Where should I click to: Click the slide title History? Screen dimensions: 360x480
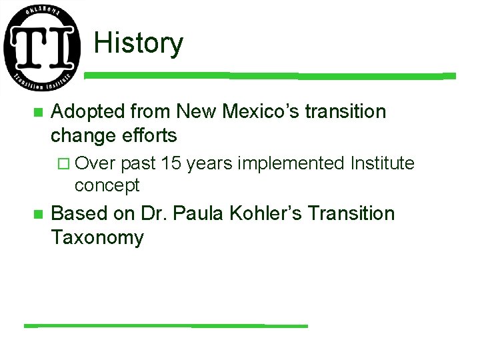(x=138, y=43)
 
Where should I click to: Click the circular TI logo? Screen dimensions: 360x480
(x=42, y=49)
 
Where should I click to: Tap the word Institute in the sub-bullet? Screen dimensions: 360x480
(x=382, y=163)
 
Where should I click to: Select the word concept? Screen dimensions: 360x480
(x=107, y=185)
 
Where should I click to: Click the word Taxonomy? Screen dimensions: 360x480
(x=97, y=238)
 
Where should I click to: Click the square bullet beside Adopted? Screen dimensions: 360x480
(x=38, y=113)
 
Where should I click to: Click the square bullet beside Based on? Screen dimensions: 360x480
(x=38, y=215)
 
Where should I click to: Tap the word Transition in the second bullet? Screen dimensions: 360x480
(x=352, y=214)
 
